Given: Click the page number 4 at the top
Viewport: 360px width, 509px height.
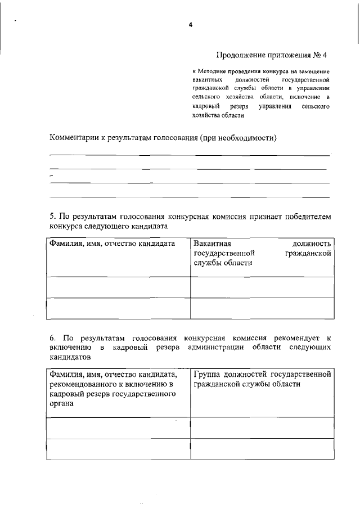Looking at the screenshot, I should (191, 25).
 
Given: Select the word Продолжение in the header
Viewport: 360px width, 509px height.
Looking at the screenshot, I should (239, 55).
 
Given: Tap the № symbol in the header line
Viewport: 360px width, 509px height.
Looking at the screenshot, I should (317, 55).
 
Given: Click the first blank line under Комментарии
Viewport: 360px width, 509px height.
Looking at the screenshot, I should (190, 155).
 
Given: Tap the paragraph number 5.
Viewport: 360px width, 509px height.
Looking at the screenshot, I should (52, 216).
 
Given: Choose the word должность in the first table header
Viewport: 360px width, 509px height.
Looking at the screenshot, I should (312, 244).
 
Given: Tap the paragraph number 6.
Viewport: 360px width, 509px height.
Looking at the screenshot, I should (52, 337).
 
